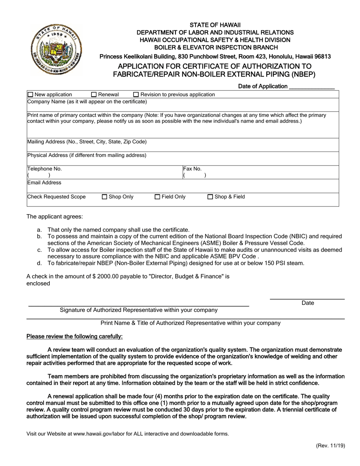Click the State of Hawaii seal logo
pyautogui.click(x=56, y=50)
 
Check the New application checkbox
pyautogui.click(x=31, y=94)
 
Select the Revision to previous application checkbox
pyautogui.click(x=136, y=94)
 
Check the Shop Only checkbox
pyautogui.click(x=105, y=197)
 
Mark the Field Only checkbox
pyautogui.click(x=158, y=197)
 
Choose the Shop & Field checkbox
pyautogui.click(x=210, y=197)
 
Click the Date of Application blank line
pyautogui.click(x=311, y=87)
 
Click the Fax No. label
pyautogui.click(x=193, y=169)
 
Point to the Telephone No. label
pyautogui.click(x=44, y=169)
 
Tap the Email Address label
pyautogui.click(x=44, y=183)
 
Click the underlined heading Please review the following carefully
pyautogui.click(x=74, y=336)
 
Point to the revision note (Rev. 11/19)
pyautogui.click(x=330, y=446)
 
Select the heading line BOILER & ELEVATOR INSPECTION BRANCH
pyautogui.click(x=216, y=47)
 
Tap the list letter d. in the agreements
pyautogui.click(x=39, y=263)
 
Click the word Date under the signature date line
pyautogui.click(x=308, y=303)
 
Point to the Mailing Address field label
pyautogui.click(x=87, y=142)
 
